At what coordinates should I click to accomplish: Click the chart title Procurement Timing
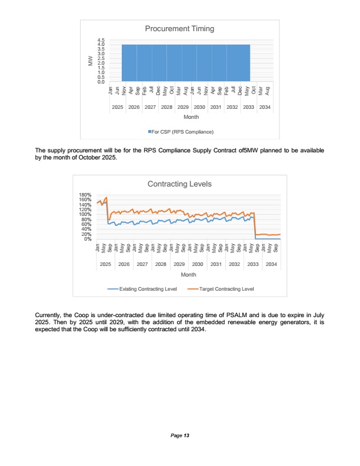coord(179,28)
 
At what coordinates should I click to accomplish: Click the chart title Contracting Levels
coord(179,184)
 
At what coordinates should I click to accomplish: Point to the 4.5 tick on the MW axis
coord(101,39)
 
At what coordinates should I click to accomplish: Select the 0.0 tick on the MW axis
coord(101,82)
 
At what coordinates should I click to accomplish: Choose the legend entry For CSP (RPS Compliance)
coord(180,131)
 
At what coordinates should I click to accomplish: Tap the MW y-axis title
coord(90,61)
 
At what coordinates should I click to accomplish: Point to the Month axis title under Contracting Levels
coord(188,275)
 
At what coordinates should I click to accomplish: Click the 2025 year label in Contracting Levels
coord(106,264)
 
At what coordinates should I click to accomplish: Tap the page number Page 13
coord(180,435)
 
